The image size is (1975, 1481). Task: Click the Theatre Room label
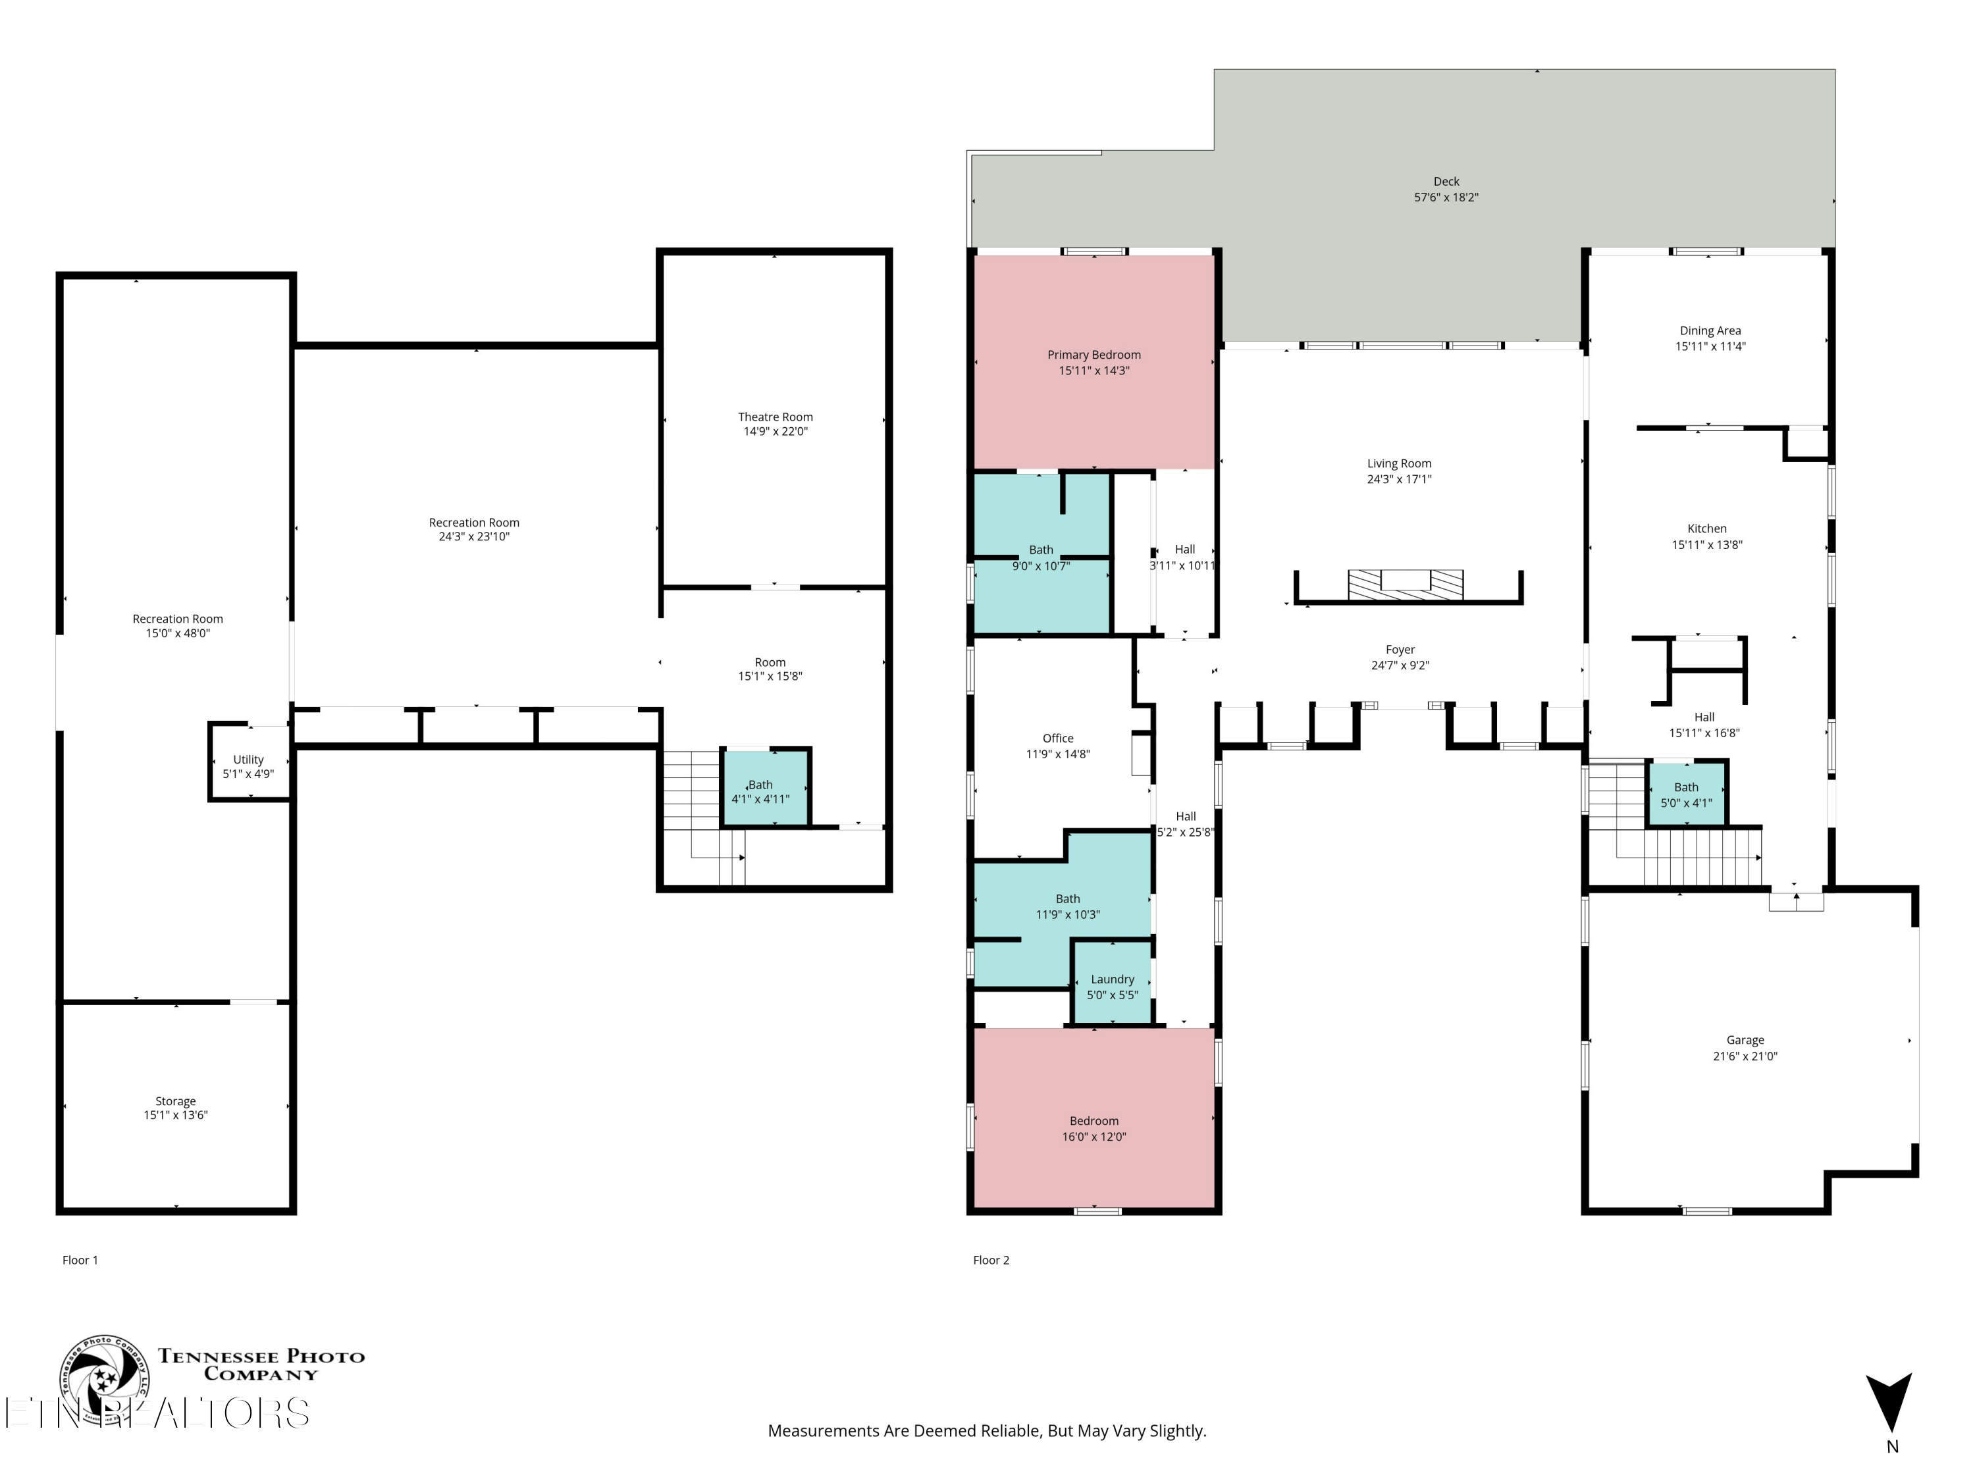click(775, 417)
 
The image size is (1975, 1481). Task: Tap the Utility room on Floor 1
click(249, 766)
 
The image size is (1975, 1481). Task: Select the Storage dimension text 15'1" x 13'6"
click(176, 1115)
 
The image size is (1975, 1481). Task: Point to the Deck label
click(1446, 181)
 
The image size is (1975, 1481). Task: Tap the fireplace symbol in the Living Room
click(1406, 584)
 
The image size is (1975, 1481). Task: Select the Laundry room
click(1112, 985)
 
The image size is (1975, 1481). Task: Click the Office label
click(1057, 739)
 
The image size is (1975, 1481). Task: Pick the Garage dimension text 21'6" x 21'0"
click(1745, 1056)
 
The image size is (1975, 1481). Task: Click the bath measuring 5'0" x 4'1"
click(1686, 794)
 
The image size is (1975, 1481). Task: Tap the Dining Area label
click(1710, 330)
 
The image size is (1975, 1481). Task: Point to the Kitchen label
click(1706, 529)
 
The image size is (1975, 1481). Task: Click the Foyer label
click(1400, 650)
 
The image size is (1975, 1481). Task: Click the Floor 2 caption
click(991, 1260)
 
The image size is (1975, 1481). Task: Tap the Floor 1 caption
click(80, 1260)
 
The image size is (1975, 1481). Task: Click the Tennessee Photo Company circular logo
click(105, 1379)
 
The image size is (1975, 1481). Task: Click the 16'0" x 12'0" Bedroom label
click(1093, 1128)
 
